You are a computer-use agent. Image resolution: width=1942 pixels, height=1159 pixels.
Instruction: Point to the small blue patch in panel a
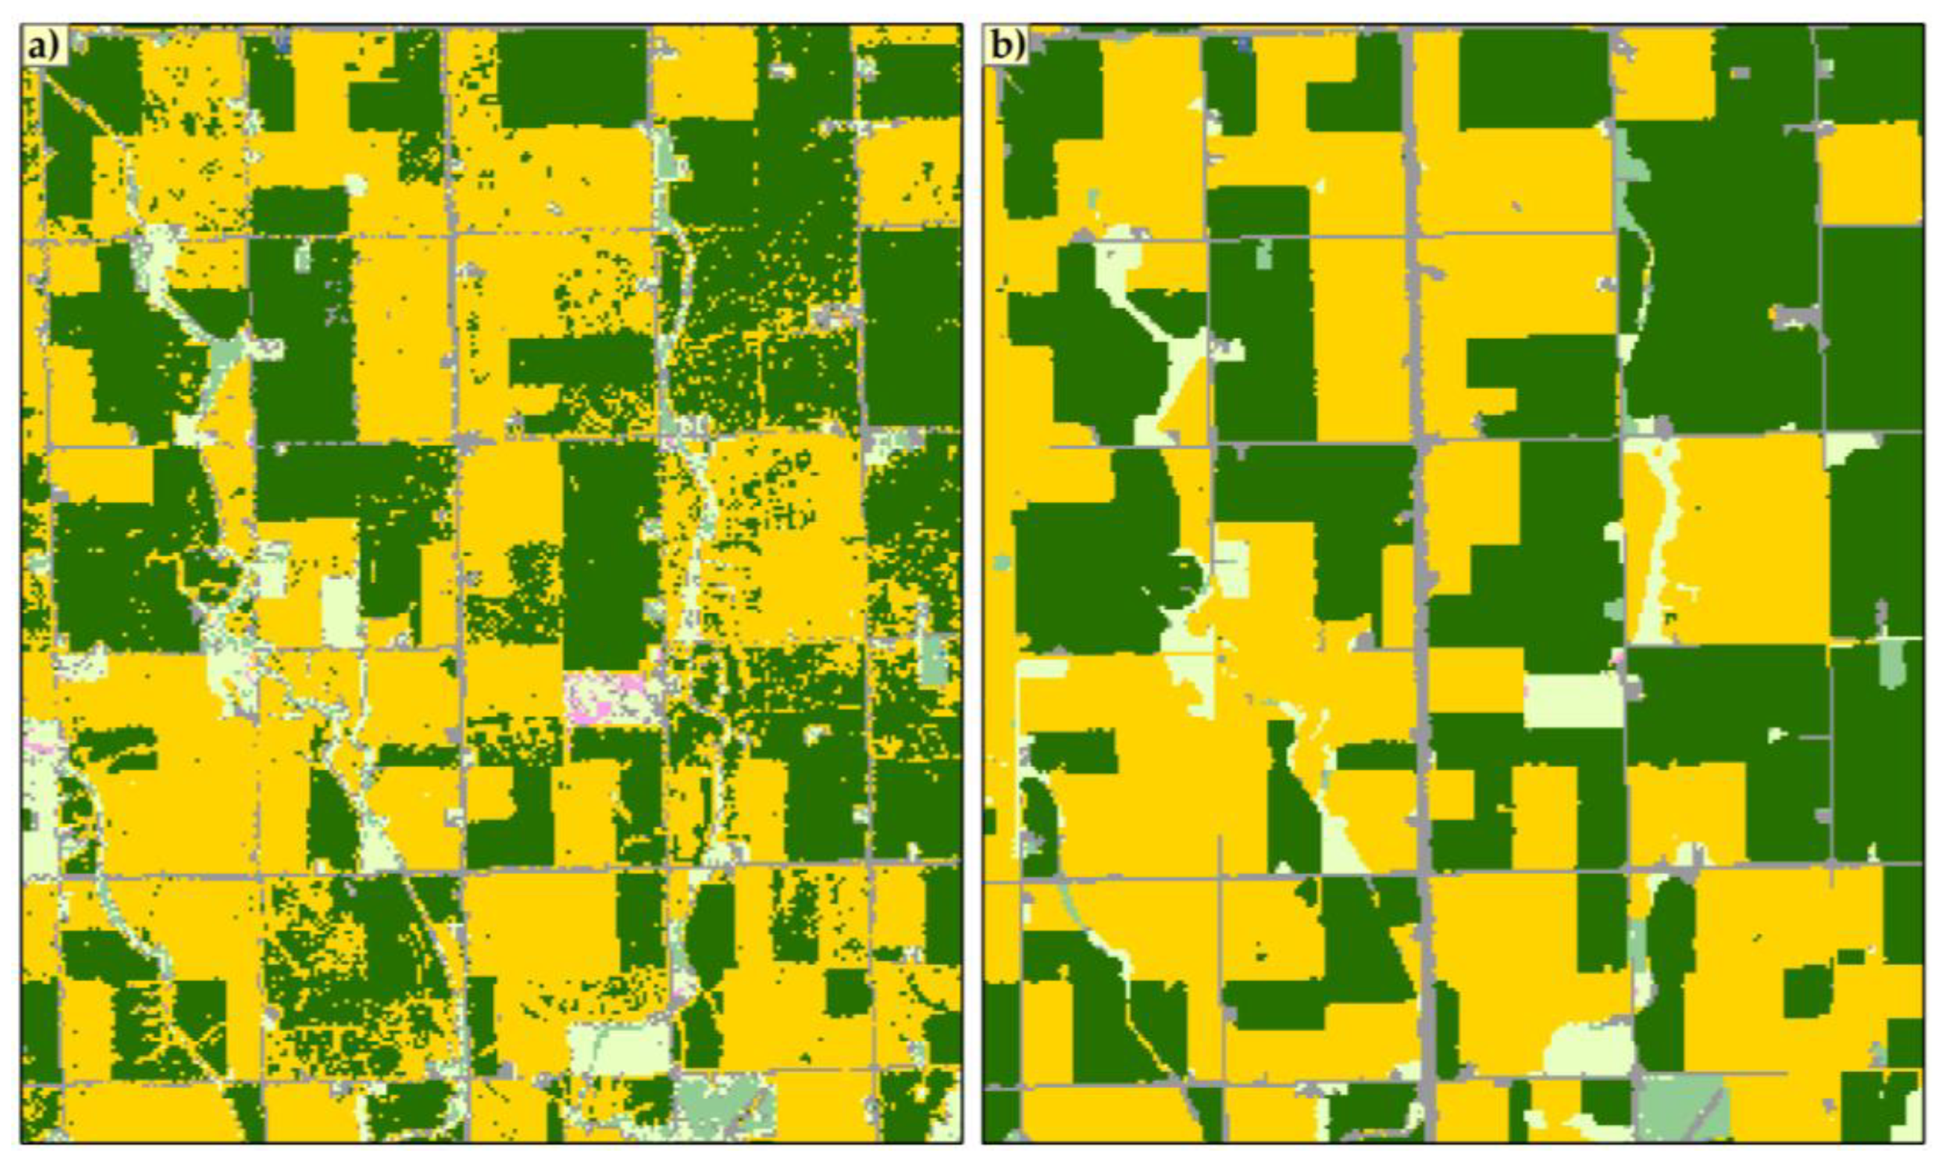283,45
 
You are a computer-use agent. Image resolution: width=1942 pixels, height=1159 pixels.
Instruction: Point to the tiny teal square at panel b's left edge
1000,561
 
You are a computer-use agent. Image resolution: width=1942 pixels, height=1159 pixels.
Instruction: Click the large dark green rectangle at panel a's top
573,78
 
